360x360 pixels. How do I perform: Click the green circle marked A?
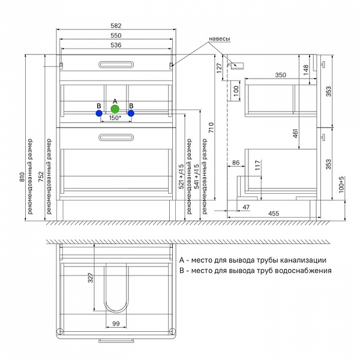pyautogui.click(x=115, y=109)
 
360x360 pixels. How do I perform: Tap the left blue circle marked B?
pyautogui.click(x=99, y=112)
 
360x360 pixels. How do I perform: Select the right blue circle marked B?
pyautogui.click(x=131, y=112)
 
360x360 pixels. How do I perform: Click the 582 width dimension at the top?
pyautogui.click(x=116, y=25)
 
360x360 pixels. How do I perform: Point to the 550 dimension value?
pyautogui.click(x=116, y=37)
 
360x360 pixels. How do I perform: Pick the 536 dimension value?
pyautogui.click(x=116, y=46)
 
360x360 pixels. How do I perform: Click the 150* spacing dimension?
pyautogui.click(x=115, y=119)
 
